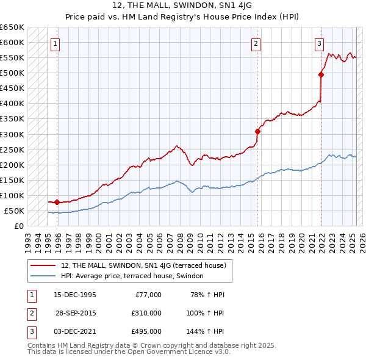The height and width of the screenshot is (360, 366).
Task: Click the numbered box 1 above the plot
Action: [55, 43]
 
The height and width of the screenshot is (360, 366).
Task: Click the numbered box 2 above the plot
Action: [256, 43]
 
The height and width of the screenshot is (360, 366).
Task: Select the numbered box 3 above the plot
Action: [319, 43]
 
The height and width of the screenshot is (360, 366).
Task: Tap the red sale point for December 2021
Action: [321, 74]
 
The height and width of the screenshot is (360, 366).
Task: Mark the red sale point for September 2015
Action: [258, 131]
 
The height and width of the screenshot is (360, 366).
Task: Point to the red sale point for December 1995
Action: [57, 202]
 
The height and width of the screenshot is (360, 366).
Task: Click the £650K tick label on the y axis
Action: [12, 27]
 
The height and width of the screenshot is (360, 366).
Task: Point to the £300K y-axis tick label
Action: [12, 134]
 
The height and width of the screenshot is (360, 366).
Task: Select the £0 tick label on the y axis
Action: [19, 226]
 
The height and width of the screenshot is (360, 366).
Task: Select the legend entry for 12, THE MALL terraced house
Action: [144, 265]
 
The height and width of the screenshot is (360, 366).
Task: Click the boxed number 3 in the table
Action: [30, 331]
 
